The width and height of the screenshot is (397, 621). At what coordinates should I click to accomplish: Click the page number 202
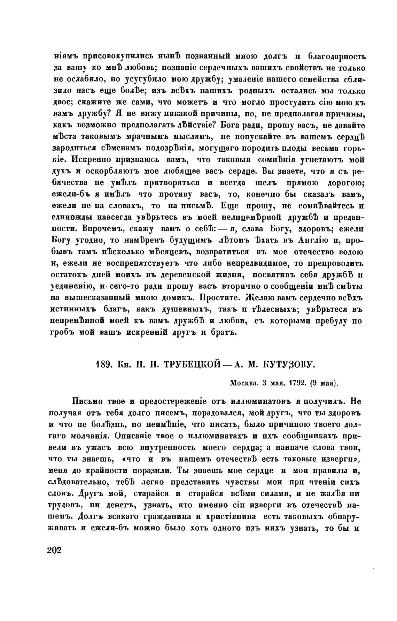click(54, 551)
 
